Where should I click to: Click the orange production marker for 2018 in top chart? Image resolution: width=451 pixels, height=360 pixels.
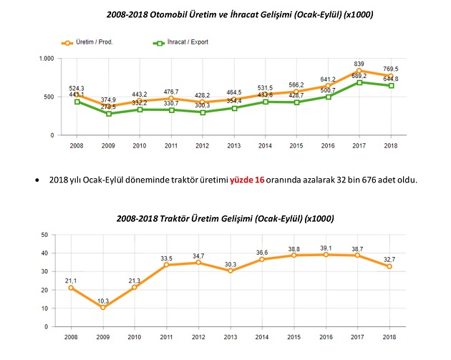(x=389, y=75)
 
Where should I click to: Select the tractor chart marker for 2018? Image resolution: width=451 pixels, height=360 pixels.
(x=389, y=266)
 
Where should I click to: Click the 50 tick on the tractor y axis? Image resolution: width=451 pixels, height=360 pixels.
(x=44, y=234)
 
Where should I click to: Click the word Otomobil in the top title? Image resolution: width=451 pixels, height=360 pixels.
(x=178, y=14)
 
